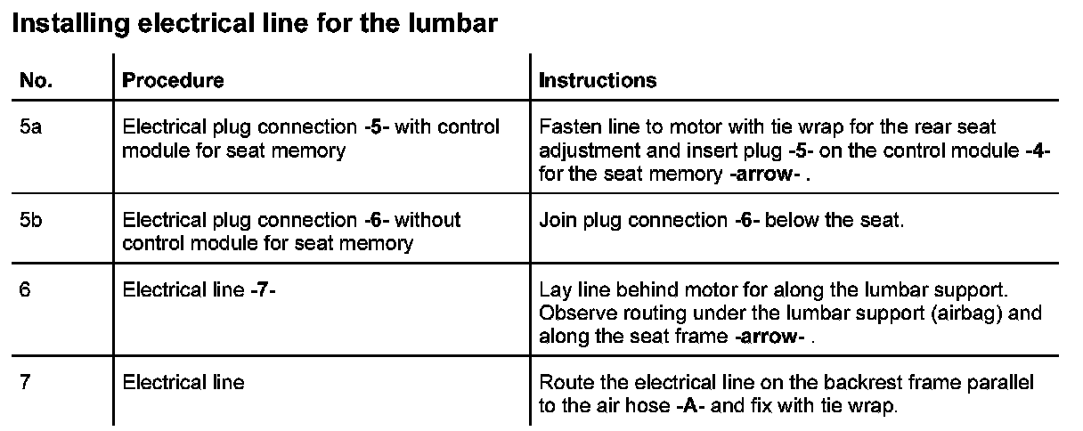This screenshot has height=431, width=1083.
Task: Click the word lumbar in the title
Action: pos(453,24)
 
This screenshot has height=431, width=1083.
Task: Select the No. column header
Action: pos(36,80)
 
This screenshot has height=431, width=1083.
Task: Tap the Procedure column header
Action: pos(173,80)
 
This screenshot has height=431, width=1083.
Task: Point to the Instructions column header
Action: pos(598,80)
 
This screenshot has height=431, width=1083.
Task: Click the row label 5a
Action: pos(30,127)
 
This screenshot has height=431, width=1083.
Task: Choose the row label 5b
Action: pos(30,219)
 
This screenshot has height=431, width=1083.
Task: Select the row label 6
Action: pos(25,291)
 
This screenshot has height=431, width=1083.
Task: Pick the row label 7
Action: pos(25,383)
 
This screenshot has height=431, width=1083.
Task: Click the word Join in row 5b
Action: pos(556,219)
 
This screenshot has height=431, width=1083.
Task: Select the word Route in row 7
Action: pos(563,383)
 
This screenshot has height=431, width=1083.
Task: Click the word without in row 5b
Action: pos(427,219)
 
